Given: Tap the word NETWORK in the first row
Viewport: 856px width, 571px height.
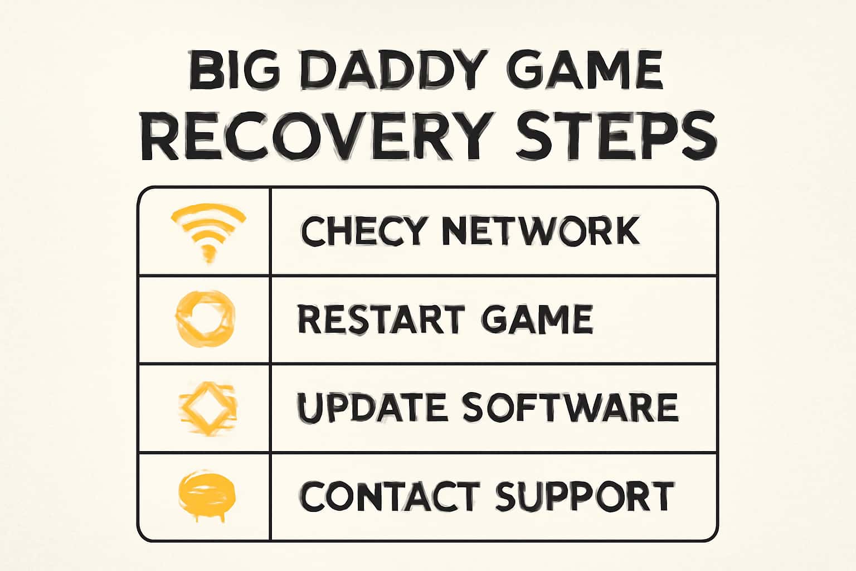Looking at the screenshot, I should (x=540, y=230).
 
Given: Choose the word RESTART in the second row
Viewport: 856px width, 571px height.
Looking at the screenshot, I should (x=381, y=319).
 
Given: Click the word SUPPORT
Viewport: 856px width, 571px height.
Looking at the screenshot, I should (x=585, y=496).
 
